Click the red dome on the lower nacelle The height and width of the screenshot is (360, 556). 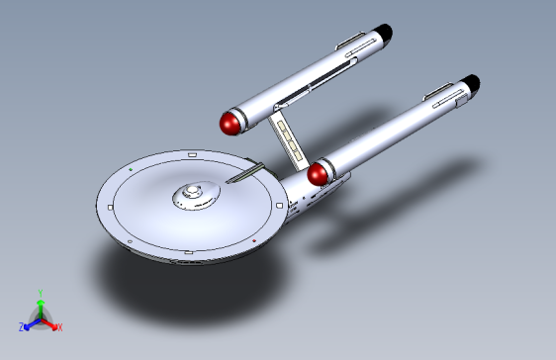pos(319,174)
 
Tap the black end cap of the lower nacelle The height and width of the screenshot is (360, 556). pos(472,83)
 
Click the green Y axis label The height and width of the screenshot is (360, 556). pos(40,293)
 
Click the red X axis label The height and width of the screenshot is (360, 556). pos(59,326)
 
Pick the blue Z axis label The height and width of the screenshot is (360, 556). pos(21,325)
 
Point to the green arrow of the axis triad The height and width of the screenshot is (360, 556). pos(40,305)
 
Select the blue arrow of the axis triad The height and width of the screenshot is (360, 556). pos(31,321)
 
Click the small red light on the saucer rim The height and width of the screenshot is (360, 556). pos(254,239)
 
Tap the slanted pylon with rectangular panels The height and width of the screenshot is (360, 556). pos(286,138)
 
